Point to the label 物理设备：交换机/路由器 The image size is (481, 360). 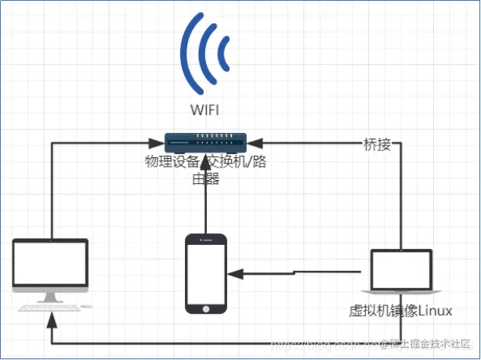click(205, 170)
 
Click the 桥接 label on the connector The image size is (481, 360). click(377, 144)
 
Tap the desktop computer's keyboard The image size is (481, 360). click(51, 308)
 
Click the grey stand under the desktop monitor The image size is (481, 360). click(51, 297)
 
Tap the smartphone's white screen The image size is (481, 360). click(205, 273)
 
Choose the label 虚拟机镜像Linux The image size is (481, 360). click(400, 311)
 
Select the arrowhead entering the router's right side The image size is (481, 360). click(256, 143)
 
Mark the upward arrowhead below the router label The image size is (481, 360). click(205, 192)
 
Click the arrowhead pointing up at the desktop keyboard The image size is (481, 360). click(51, 319)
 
